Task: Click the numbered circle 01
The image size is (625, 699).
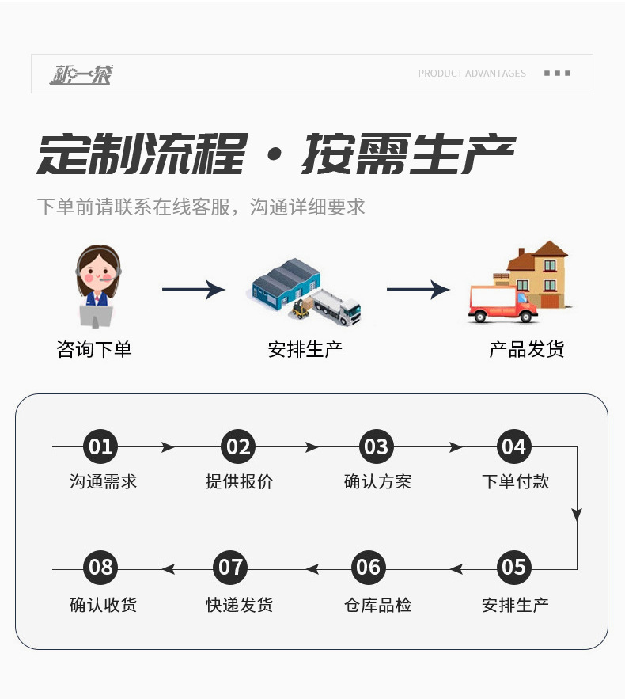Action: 100,447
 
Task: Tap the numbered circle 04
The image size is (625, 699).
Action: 513,447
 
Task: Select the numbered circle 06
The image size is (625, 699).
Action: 368,568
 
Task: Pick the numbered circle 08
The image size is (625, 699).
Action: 100,568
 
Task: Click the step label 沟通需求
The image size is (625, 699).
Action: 103,481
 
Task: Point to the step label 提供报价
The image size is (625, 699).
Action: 239,481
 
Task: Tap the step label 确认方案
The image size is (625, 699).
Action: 377,481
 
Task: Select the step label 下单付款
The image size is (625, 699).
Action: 515,481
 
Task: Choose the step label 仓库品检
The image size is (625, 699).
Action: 377,605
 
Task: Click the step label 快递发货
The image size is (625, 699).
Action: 239,605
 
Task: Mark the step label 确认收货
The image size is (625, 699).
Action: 103,605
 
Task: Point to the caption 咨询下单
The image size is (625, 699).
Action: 94,349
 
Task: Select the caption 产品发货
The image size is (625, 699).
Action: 526,349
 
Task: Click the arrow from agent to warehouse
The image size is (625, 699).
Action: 193,290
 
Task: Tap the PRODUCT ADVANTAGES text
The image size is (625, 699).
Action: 472,74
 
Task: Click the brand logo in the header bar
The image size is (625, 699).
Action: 81,74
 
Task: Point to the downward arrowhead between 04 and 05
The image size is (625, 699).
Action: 577,515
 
